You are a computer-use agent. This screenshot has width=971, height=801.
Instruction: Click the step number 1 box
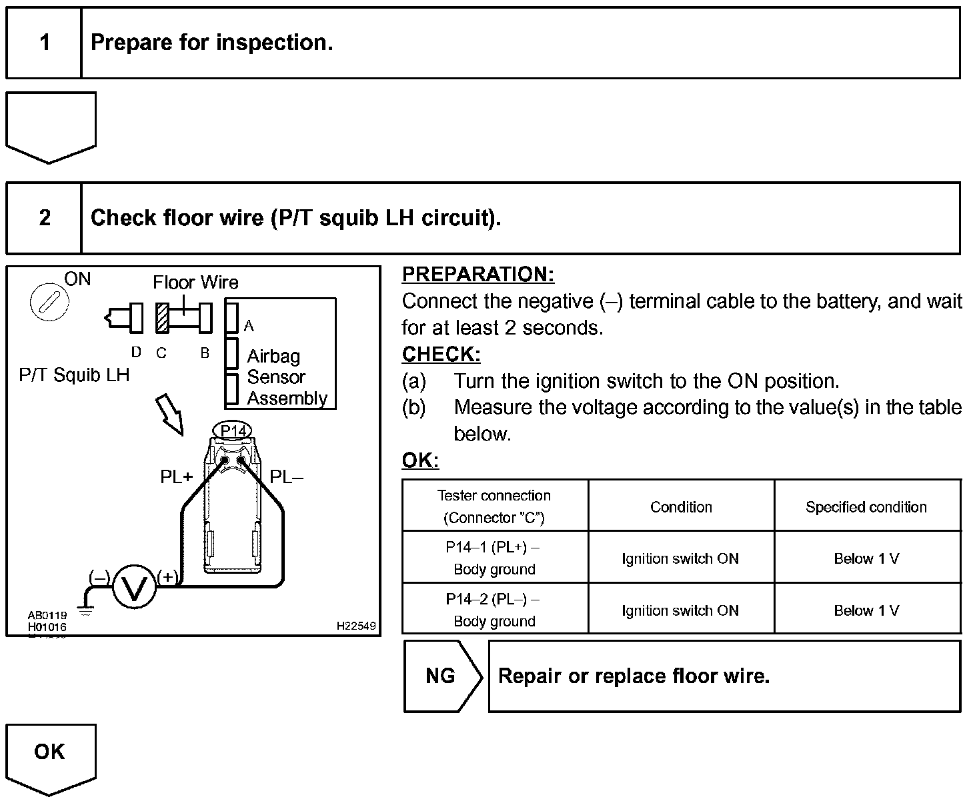pyautogui.click(x=44, y=43)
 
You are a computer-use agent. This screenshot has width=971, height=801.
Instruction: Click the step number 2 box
pyautogui.click(x=44, y=218)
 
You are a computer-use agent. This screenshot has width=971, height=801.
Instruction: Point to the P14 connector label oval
pyautogui.click(x=233, y=431)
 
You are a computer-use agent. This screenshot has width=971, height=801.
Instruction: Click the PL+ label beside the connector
pyautogui.click(x=176, y=477)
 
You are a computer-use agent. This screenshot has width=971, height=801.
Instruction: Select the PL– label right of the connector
pyautogui.click(x=286, y=477)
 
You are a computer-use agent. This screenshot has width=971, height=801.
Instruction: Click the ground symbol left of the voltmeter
pyautogui.click(x=85, y=608)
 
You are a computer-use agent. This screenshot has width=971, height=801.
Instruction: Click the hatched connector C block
pyautogui.click(x=162, y=318)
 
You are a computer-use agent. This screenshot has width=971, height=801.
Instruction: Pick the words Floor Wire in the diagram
pyautogui.click(x=195, y=283)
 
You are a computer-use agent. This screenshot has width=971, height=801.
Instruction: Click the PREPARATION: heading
pyautogui.click(x=478, y=275)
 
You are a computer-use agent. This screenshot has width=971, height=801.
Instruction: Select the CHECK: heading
pyautogui.click(x=441, y=355)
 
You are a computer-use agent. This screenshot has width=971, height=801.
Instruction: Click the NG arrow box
pyautogui.click(x=441, y=676)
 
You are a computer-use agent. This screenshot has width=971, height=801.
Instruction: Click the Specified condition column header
pyautogui.click(x=866, y=507)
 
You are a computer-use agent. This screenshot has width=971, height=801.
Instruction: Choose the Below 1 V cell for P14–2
pyautogui.click(x=866, y=610)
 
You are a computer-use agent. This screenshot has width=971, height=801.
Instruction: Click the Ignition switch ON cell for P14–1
pyautogui.click(x=680, y=558)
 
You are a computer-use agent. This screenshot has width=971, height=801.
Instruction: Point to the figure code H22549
pyautogui.click(x=356, y=626)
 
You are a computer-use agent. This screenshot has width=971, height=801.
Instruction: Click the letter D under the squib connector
pyautogui.click(x=136, y=353)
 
